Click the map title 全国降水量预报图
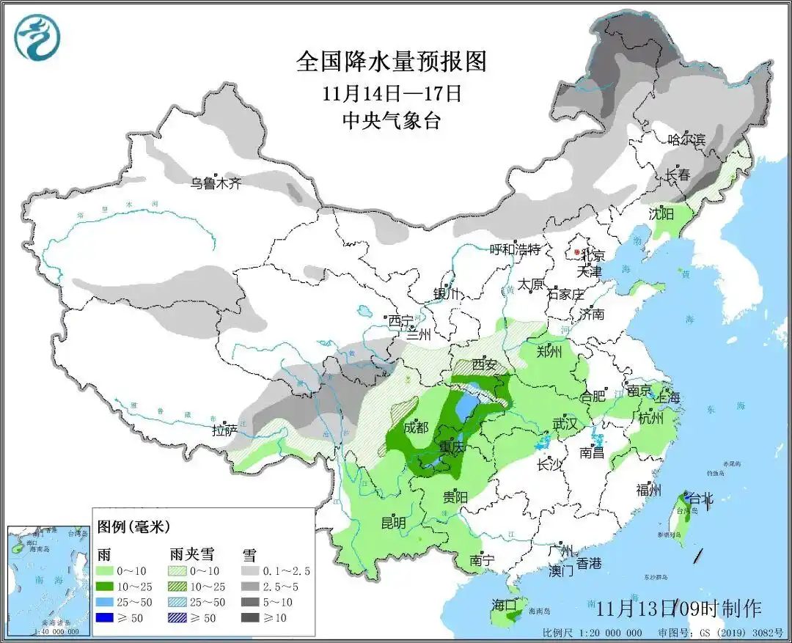click(392, 62)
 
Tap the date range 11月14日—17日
click(392, 94)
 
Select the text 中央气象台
click(392, 121)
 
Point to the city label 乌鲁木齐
click(216, 183)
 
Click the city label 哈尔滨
click(686, 139)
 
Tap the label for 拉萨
click(224, 430)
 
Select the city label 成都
click(416, 427)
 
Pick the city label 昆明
click(394, 523)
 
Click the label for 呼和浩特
click(515, 249)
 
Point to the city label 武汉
click(565, 424)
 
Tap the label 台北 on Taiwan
click(700, 499)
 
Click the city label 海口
click(505, 605)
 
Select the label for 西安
click(485, 364)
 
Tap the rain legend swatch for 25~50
click(107, 602)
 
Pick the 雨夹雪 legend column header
click(186, 554)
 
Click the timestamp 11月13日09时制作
click(678, 608)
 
